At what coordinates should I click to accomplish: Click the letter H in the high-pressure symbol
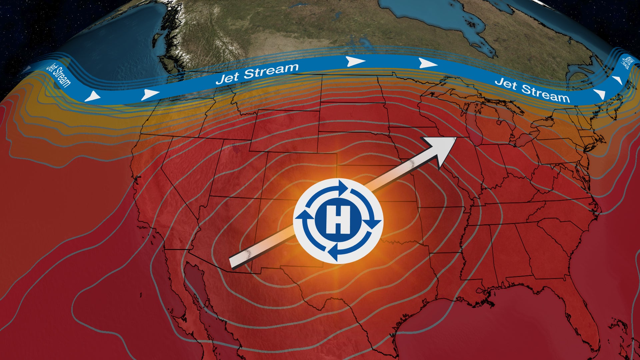click(338, 220)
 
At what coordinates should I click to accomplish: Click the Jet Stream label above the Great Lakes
click(532, 90)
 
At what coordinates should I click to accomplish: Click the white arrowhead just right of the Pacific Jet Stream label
click(92, 96)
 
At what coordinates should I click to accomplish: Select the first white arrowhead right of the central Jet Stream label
click(355, 61)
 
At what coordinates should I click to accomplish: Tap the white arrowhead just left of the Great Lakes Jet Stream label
click(427, 63)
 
